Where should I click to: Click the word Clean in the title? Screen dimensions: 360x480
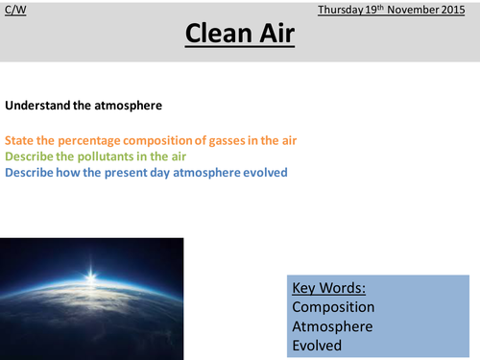pos(214,36)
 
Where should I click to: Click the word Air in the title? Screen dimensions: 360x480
pos(277,36)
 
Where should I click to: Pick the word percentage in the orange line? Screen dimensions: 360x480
pos(84,140)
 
